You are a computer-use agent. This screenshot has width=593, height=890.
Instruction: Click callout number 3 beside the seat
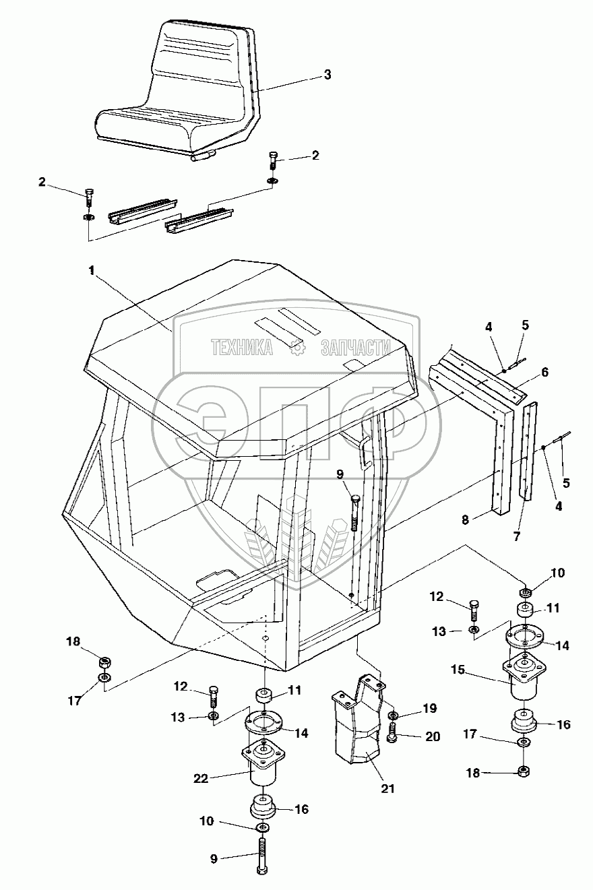(x=327, y=75)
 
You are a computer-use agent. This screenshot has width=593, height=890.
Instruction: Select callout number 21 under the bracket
(x=368, y=788)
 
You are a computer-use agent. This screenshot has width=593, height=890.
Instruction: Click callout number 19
(x=431, y=708)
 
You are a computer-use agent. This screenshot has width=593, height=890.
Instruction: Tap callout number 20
(x=432, y=736)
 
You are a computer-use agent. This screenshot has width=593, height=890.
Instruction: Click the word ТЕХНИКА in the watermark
(x=242, y=347)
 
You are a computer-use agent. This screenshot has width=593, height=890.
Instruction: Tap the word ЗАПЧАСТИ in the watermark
(x=356, y=347)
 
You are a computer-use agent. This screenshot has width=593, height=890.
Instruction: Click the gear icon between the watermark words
(x=296, y=348)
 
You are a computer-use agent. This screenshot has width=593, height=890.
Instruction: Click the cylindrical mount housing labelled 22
(x=262, y=768)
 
